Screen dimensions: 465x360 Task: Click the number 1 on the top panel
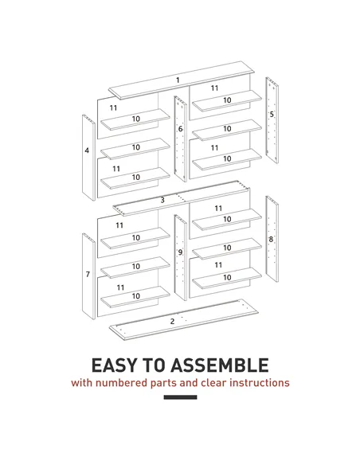coord(178,79)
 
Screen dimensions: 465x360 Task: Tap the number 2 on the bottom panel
coord(172,321)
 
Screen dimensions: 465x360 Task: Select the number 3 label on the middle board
coord(162,200)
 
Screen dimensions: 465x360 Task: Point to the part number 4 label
coord(87,150)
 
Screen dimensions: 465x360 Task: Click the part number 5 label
coord(272,115)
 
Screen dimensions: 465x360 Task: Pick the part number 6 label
coord(180,128)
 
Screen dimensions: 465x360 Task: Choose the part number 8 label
coord(272,238)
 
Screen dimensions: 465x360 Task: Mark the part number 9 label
coord(180,252)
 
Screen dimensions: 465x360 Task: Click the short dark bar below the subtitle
coord(179,397)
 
